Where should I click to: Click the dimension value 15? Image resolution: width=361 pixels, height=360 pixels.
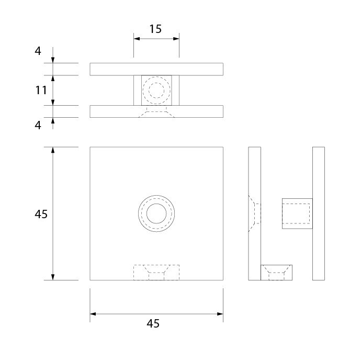coord(155,29)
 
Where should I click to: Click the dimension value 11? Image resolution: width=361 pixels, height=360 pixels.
coord(41,90)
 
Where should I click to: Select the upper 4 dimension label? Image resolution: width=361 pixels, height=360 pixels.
coord(38,51)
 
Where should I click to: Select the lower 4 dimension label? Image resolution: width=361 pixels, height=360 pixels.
coord(38,125)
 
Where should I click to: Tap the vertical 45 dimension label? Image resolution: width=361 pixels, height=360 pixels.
coord(41,214)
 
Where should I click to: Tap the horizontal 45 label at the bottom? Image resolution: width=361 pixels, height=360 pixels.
coord(153,323)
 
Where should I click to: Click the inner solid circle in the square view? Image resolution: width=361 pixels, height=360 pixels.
coord(156,213)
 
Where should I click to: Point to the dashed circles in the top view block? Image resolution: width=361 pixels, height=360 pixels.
coord(156,91)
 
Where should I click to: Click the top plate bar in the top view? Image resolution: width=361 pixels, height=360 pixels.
coord(156,69)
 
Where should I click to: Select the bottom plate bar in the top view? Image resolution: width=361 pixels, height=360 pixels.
coord(156,111)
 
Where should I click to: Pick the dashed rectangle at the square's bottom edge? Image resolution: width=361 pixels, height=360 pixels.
coord(156,273)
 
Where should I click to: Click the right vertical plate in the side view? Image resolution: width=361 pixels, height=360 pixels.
coord(319,213)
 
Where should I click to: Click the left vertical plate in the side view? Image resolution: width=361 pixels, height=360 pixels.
coord(254,213)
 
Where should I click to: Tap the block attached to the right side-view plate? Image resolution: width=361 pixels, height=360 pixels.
coord(297,213)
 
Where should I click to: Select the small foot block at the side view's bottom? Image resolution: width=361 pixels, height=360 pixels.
coord(277,273)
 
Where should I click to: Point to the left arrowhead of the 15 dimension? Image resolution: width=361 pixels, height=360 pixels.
coord(137,39)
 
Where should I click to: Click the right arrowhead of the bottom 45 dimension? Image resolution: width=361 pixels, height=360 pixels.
coord(220,314)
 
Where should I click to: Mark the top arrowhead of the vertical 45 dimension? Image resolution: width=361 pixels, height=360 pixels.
coord(53,150)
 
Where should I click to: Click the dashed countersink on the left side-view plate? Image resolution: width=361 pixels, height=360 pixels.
coord(254,213)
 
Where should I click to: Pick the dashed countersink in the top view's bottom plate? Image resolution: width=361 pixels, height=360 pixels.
coord(156,111)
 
